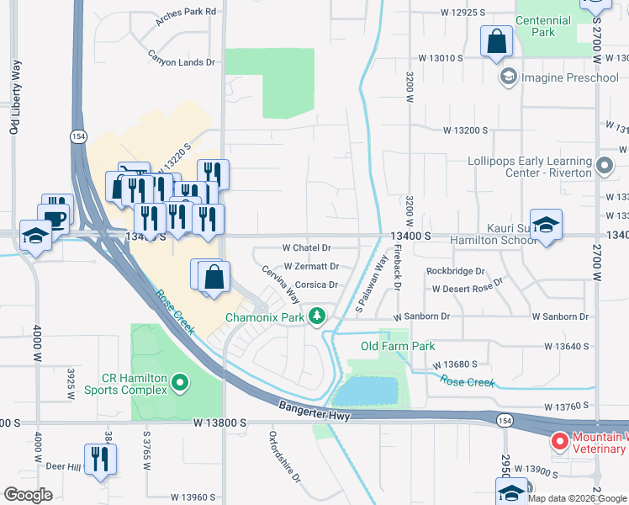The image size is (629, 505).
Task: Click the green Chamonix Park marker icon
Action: pyautogui.click(x=317, y=316)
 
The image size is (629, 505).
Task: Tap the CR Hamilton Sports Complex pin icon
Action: pyautogui.click(x=179, y=384)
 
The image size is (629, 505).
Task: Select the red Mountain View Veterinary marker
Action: pyautogui.click(x=559, y=442)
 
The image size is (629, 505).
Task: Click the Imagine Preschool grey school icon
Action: pyautogui.click(x=508, y=78)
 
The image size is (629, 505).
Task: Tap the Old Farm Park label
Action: pyautogui.click(x=398, y=346)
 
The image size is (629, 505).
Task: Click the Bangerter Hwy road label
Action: pyautogui.click(x=315, y=410)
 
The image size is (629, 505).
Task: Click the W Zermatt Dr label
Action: pyautogui.click(x=310, y=266)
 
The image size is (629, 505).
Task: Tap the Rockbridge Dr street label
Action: pyautogui.click(x=456, y=271)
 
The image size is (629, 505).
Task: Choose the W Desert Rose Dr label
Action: pyautogui.click(x=467, y=289)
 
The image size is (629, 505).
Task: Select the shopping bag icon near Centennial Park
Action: pyautogui.click(x=496, y=40)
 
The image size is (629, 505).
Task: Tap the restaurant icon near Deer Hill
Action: pyautogui.click(x=101, y=460)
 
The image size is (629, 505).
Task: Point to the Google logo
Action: pyautogui.click(x=28, y=495)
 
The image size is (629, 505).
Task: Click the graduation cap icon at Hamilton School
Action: pyautogui.click(x=546, y=226)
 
